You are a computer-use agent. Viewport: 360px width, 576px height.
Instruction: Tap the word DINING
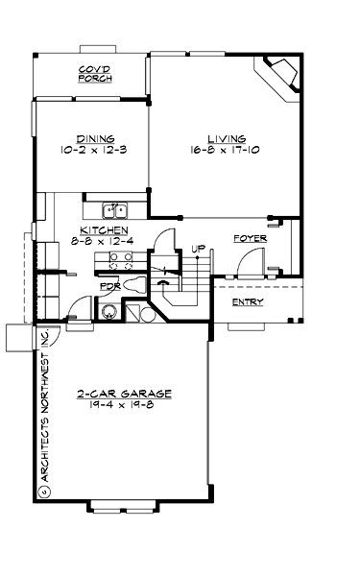click(x=93, y=137)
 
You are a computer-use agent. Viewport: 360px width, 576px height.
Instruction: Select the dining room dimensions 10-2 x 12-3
click(x=93, y=149)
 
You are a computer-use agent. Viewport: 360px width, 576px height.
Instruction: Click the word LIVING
click(x=226, y=138)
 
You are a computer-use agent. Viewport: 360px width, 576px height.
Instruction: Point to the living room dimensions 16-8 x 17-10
click(x=226, y=150)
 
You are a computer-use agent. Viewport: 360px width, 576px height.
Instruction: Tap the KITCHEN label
click(x=105, y=230)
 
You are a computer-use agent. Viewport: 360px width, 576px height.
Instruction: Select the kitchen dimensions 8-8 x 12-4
click(x=105, y=242)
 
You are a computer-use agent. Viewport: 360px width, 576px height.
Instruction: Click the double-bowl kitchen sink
click(x=116, y=209)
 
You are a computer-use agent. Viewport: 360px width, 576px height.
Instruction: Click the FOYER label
click(x=249, y=237)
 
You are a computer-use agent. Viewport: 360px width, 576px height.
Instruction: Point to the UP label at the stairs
click(x=199, y=250)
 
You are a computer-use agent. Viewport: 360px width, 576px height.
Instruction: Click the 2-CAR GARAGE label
click(x=124, y=394)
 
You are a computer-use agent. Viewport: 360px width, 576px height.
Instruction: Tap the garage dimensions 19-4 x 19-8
click(x=124, y=405)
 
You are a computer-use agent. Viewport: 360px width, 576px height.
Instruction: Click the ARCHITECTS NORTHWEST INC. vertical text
click(x=44, y=413)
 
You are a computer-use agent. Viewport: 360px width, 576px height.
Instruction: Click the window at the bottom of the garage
click(x=123, y=507)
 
